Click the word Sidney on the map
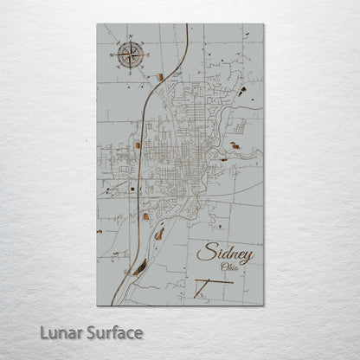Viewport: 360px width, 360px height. click(x=225, y=254)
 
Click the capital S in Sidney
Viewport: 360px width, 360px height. click(x=204, y=254)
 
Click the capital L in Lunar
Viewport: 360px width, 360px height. click(x=43, y=332)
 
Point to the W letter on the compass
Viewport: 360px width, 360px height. click(x=113, y=55)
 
